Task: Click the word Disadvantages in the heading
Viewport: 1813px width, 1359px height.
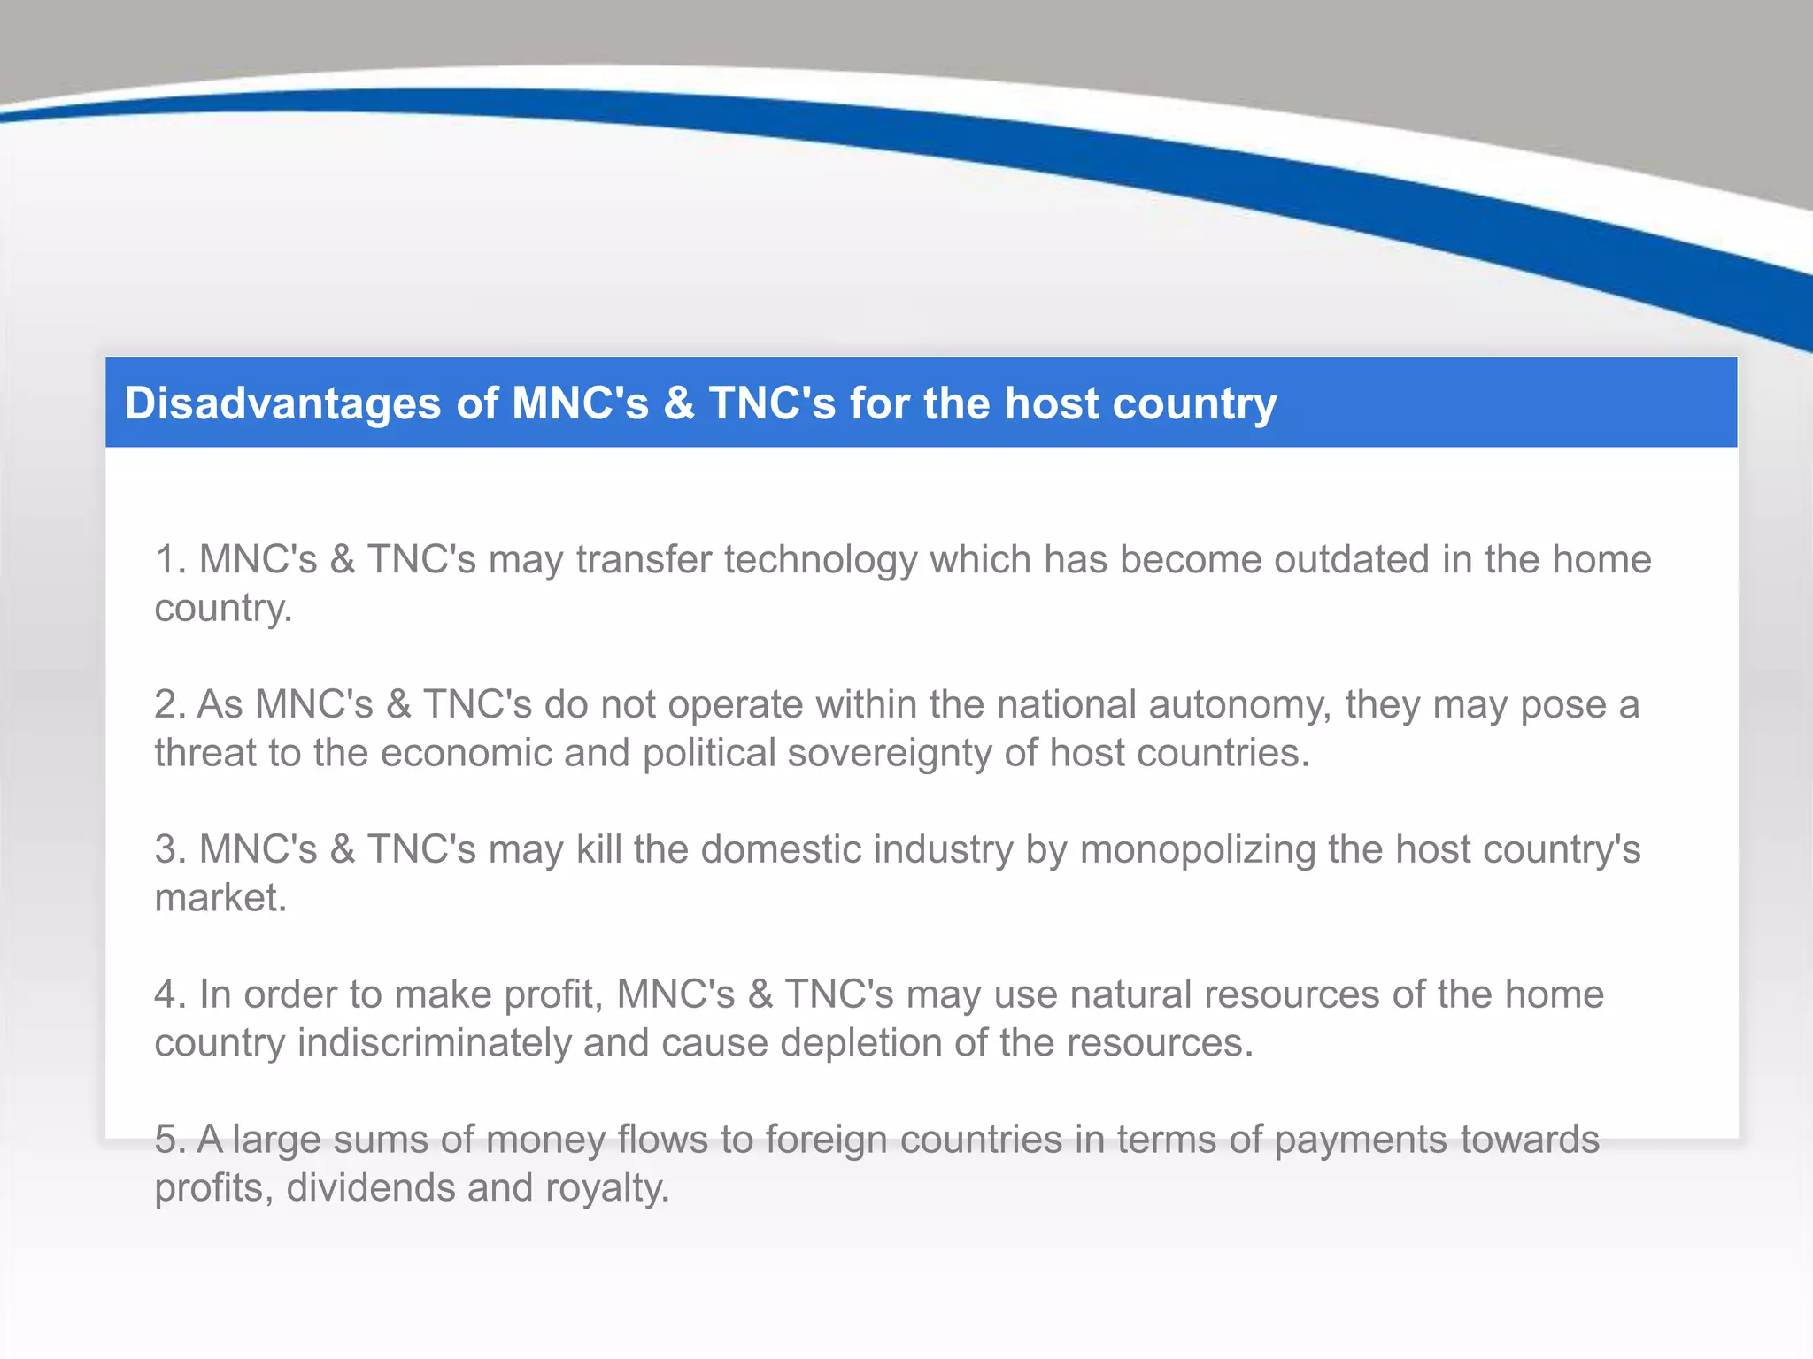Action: tap(282, 404)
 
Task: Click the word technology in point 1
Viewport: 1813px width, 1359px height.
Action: tap(821, 560)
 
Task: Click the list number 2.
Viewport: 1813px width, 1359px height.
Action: tap(168, 705)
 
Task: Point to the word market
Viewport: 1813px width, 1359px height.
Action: tap(220, 898)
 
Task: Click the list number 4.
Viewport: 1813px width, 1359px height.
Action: tap(168, 994)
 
